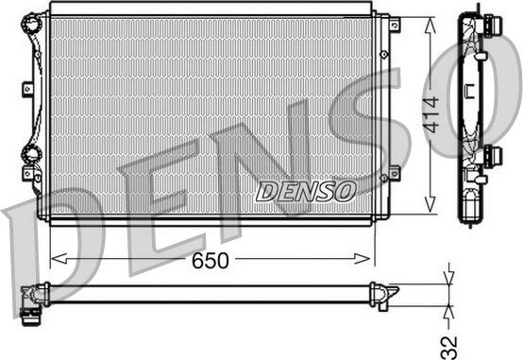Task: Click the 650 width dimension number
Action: click(x=211, y=261)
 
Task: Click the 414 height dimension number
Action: click(x=430, y=114)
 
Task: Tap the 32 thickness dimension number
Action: click(x=448, y=348)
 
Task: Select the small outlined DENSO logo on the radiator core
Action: click(x=305, y=192)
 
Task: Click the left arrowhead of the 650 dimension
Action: click(x=59, y=259)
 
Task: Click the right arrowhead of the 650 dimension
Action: click(x=362, y=259)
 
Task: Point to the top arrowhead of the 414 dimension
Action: click(x=430, y=26)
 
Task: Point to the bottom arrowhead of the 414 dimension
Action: click(x=430, y=204)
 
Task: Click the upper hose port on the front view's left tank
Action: click(x=32, y=23)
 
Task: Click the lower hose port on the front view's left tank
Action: click(x=32, y=154)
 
